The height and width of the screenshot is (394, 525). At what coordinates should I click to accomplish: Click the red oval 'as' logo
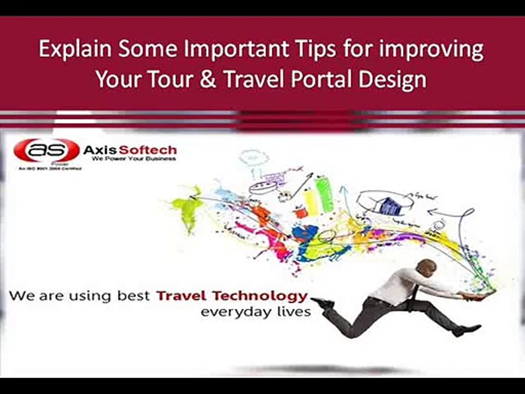[x=46, y=150]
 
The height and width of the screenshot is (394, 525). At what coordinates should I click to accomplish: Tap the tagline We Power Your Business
[x=134, y=159]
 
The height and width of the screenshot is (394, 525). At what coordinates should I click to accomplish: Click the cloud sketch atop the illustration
[x=253, y=158]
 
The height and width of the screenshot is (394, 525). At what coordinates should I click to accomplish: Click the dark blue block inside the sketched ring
[x=390, y=206]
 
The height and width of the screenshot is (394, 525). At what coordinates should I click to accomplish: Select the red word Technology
[x=267, y=296]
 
